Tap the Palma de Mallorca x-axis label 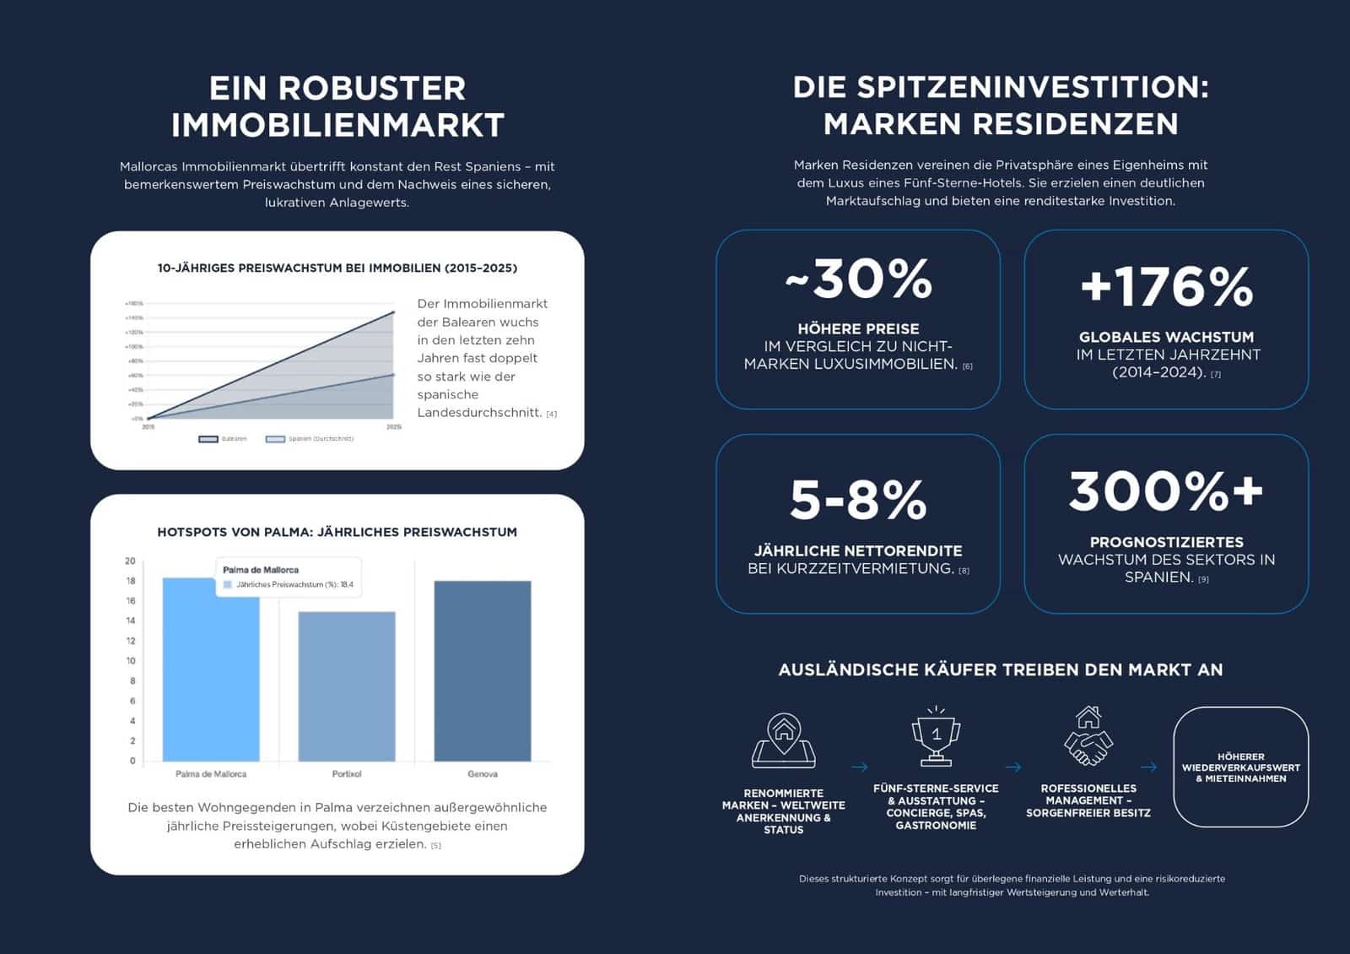tap(211, 774)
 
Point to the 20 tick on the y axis tap(130, 561)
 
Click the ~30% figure tap(858, 279)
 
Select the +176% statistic tap(1166, 286)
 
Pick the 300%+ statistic tap(1166, 491)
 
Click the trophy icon tap(936, 736)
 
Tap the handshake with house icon tap(1088, 736)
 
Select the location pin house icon tap(784, 740)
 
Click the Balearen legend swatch tap(208, 439)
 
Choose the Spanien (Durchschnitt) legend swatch tap(275, 439)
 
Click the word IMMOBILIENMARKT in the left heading tap(337, 125)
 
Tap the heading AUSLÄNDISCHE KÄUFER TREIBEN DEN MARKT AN tap(1000, 670)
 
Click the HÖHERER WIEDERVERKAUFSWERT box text tap(1240, 767)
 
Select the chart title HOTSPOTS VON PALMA tap(337, 532)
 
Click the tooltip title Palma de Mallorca tap(261, 570)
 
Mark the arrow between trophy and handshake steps tap(1013, 767)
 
